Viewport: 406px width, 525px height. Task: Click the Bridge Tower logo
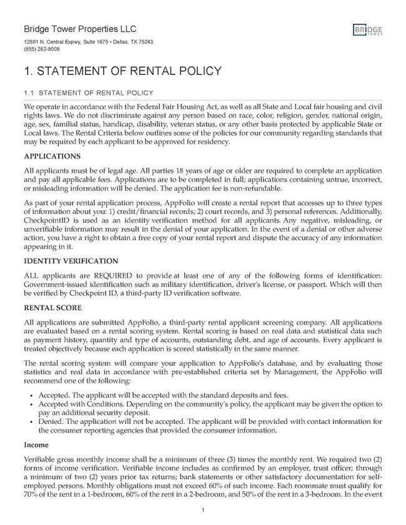pos(367,31)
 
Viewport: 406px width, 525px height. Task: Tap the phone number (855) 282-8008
pos(42,49)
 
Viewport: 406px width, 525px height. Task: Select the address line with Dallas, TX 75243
pos(88,42)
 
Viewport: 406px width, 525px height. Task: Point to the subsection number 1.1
pos(29,93)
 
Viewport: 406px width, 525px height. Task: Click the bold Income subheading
pos(36,445)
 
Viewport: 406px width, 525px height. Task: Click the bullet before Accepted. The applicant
pos(31,395)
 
